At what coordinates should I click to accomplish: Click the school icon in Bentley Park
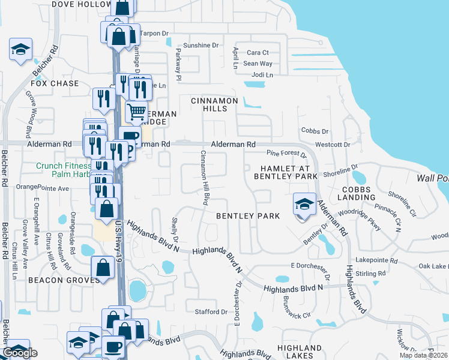pos(304,205)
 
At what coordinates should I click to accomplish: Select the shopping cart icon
pos(136,112)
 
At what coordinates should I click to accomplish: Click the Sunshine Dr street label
pos(201,45)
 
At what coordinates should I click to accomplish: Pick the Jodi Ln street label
pos(262,74)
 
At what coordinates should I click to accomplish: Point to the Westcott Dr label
pos(333,145)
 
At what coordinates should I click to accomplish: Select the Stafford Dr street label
pos(211,312)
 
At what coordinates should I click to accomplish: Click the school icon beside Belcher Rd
pos(20,50)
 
